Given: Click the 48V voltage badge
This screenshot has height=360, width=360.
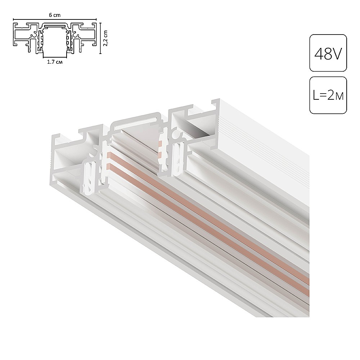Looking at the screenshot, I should (x=328, y=53).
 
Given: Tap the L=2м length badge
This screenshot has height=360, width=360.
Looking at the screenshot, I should (x=328, y=95).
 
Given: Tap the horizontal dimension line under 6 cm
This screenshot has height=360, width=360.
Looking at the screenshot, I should (x=55, y=19).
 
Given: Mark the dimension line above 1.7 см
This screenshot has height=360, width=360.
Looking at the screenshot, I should (x=54, y=58).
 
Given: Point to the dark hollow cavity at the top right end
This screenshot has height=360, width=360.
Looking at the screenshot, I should (x=198, y=126).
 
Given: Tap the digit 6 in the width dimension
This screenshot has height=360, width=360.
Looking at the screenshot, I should (x=51, y=15).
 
